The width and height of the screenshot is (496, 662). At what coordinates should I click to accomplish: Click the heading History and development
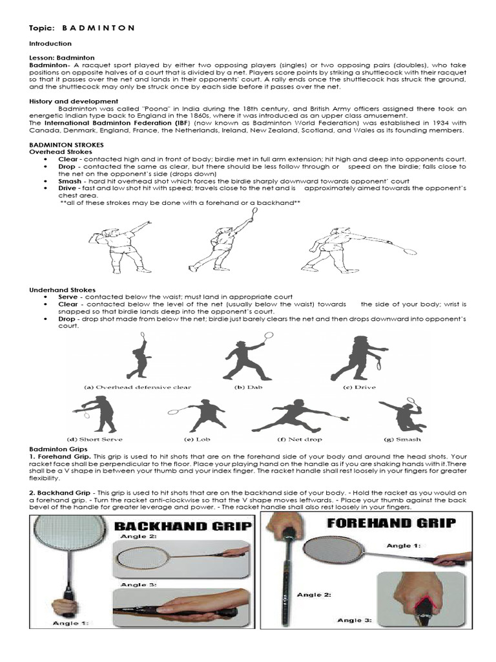[x=74, y=101]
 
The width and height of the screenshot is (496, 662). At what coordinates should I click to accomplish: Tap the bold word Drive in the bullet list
[x=70, y=189]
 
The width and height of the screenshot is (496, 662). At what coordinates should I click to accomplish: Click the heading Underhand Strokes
[x=63, y=290]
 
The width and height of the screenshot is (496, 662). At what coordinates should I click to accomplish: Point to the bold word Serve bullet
[x=70, y=297]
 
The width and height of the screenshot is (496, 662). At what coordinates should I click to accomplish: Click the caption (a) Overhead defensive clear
[x=138, y=387]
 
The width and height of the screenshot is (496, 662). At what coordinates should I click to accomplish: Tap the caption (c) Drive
[x=356, y=387]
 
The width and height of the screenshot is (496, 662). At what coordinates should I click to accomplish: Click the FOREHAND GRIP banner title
[x=391, y=522]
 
